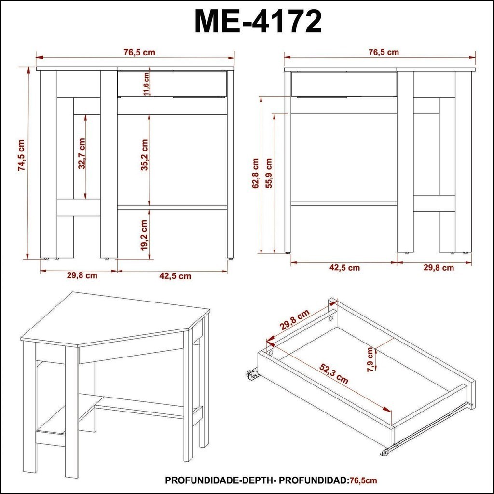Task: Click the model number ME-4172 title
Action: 258,21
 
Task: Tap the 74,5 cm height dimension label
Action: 21,155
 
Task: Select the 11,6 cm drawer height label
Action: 146,84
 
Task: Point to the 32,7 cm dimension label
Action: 82,153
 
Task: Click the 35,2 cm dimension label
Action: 144,155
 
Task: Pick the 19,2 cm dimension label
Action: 144,235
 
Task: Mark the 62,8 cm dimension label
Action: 255,173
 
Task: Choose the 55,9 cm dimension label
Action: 269,173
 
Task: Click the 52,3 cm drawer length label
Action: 334,374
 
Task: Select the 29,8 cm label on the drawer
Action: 295,320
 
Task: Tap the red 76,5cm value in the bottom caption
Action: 362,480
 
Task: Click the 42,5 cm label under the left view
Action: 176,276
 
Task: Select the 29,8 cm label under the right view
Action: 439,268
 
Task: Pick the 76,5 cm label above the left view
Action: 139,52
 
